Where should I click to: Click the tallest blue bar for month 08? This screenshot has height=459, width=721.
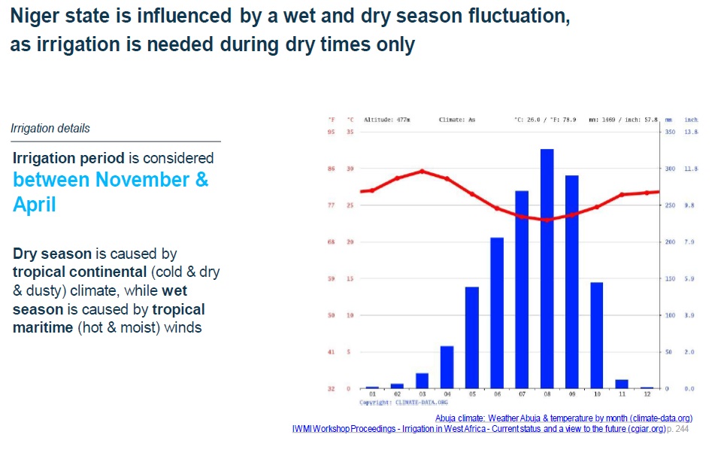pos(547,268)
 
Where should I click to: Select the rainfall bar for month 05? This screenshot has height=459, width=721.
pos(471,337)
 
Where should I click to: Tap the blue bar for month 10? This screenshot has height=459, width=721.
pos(596,335)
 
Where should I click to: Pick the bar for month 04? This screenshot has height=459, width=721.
pos(447,366)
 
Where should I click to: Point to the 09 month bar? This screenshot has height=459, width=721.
pos(571,281)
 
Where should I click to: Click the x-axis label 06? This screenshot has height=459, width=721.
pos(496,394)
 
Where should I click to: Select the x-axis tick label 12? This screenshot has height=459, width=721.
pos(647,394)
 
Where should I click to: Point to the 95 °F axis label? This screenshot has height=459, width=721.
pos(331,132)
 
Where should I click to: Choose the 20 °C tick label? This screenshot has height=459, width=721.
pos(350,242)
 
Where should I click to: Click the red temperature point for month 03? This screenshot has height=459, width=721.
pos(422,171)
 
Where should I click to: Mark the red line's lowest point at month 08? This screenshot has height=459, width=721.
pos(547,220)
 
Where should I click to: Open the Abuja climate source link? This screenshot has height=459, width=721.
pos(563,418)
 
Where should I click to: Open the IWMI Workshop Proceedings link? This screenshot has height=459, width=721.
pos(478,429)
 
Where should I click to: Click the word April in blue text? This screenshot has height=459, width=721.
pos(35,205)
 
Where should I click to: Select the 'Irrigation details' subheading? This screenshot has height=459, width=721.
pos(50,129)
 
